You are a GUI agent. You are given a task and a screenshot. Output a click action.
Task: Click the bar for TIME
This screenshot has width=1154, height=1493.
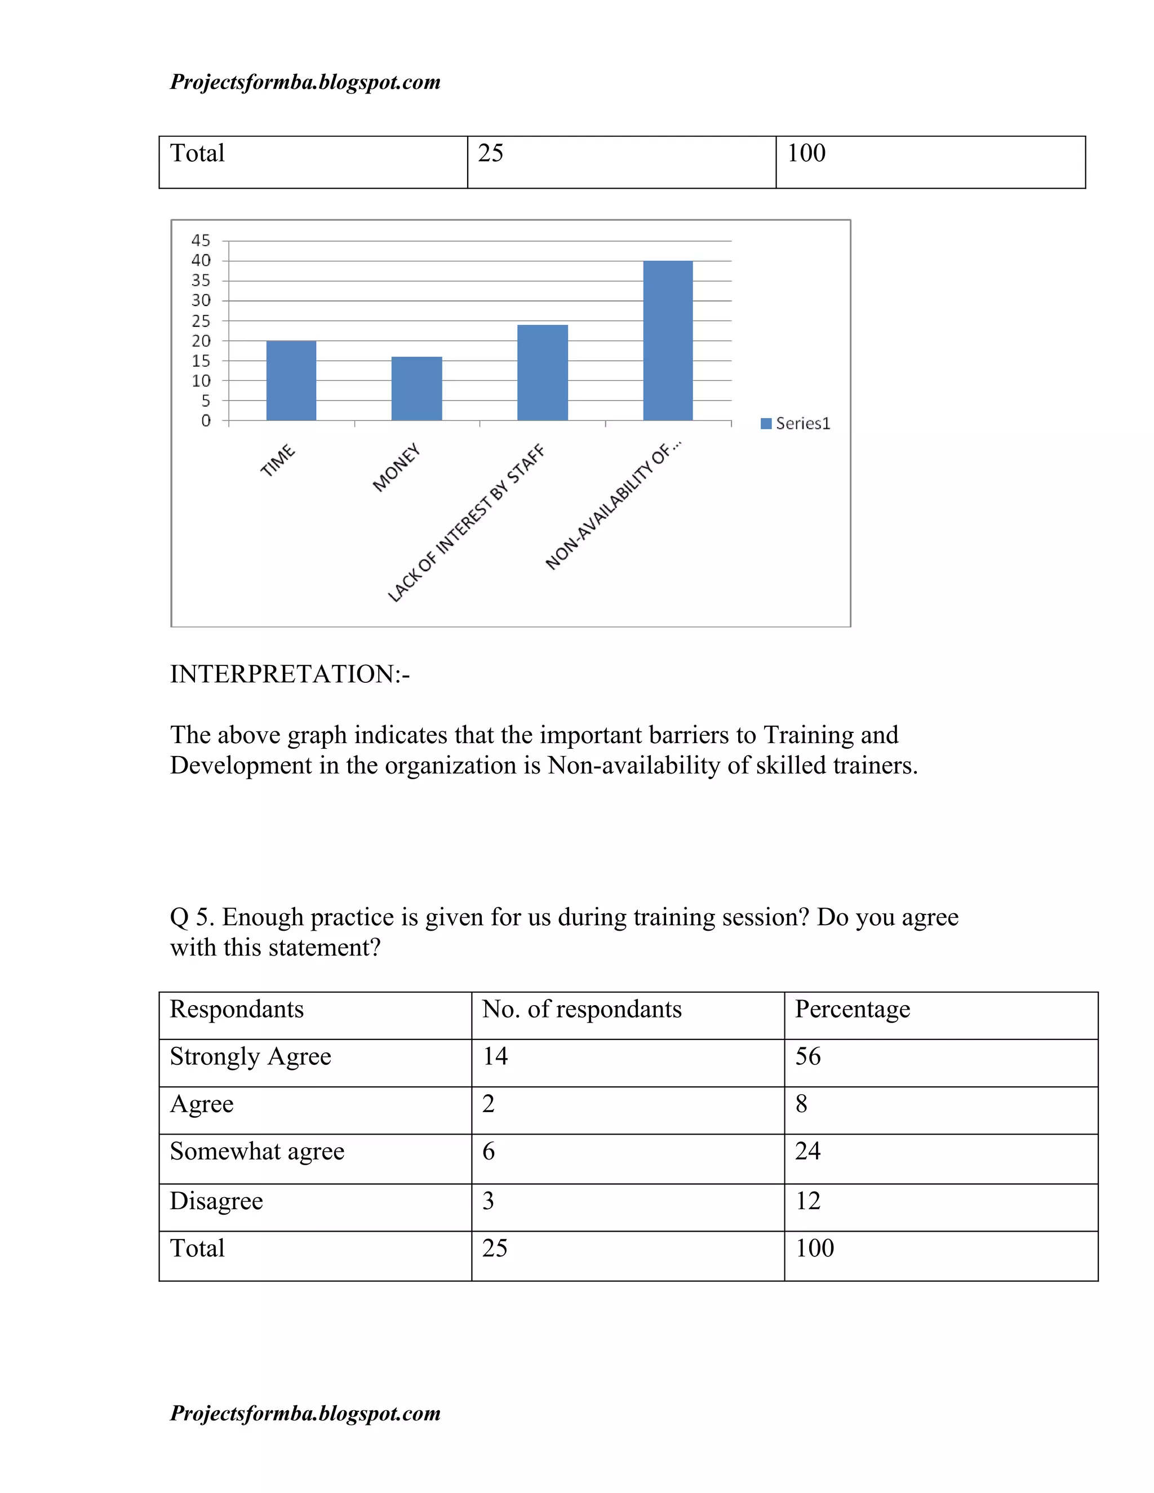pos(291,381)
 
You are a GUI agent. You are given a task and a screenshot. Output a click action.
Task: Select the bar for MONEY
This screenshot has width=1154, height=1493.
pos(416,388)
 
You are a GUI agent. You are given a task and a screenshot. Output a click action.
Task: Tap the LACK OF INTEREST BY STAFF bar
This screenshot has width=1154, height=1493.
pos(542,372)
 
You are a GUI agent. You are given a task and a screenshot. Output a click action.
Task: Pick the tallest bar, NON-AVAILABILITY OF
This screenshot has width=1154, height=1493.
pos(668,340)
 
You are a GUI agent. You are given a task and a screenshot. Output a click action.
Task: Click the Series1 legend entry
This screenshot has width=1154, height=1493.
pos(796,423)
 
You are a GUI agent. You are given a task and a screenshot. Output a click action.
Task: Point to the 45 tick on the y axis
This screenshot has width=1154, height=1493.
pos(201,241)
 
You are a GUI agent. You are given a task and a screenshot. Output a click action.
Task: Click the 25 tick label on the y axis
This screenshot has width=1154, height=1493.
pos(201,321)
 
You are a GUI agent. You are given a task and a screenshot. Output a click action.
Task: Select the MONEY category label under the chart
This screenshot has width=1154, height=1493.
pos(397,468)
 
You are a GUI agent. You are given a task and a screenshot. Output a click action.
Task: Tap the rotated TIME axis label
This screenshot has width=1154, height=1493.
pos(278,461)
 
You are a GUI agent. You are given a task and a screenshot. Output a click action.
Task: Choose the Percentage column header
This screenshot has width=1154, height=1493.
pos(852,1009)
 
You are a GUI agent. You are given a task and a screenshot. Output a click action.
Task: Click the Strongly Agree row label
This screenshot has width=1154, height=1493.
pos(250,1056)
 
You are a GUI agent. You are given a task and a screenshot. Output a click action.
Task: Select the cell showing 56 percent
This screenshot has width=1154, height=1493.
pos(807,1056)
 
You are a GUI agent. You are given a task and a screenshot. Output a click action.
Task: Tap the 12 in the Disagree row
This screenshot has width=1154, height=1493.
pos(807,1201)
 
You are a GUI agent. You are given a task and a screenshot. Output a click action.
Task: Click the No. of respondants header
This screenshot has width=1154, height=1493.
pos(582,1009)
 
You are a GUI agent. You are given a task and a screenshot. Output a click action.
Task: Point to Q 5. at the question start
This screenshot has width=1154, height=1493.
pos(192,917)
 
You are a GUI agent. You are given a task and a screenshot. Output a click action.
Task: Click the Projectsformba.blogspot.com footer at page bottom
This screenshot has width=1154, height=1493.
pos(305,1413)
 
